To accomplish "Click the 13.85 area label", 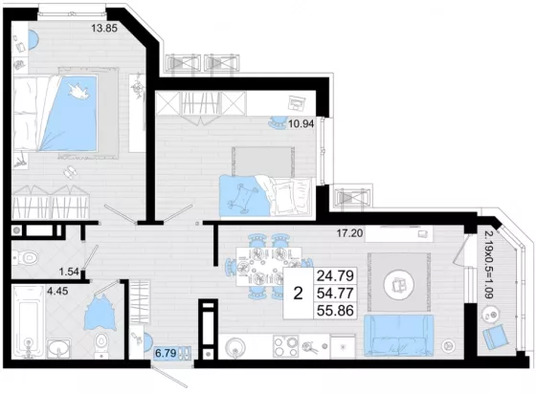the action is click(104, 28).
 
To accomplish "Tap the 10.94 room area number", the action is click(301, 123).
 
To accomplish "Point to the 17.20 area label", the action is click(349, 233).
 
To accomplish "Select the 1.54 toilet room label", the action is click(69, 272).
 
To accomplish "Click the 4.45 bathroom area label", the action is click(57, 292).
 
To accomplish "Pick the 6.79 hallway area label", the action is click(166, 353).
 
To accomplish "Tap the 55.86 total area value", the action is click(335, 311).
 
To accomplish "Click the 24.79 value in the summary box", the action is click(335, 275).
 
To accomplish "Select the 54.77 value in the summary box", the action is click(335, 293).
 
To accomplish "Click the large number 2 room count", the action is click(298, 294).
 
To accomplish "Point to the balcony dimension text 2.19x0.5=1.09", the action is click(489, 265).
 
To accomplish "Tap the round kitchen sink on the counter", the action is click(235, 347).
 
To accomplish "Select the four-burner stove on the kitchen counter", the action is click(286, 346).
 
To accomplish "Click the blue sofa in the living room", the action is click(398, 336).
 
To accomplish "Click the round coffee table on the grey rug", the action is click(398, 284).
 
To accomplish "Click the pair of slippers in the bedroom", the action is click(70, 172).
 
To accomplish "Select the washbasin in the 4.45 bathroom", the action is click(58, 348).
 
